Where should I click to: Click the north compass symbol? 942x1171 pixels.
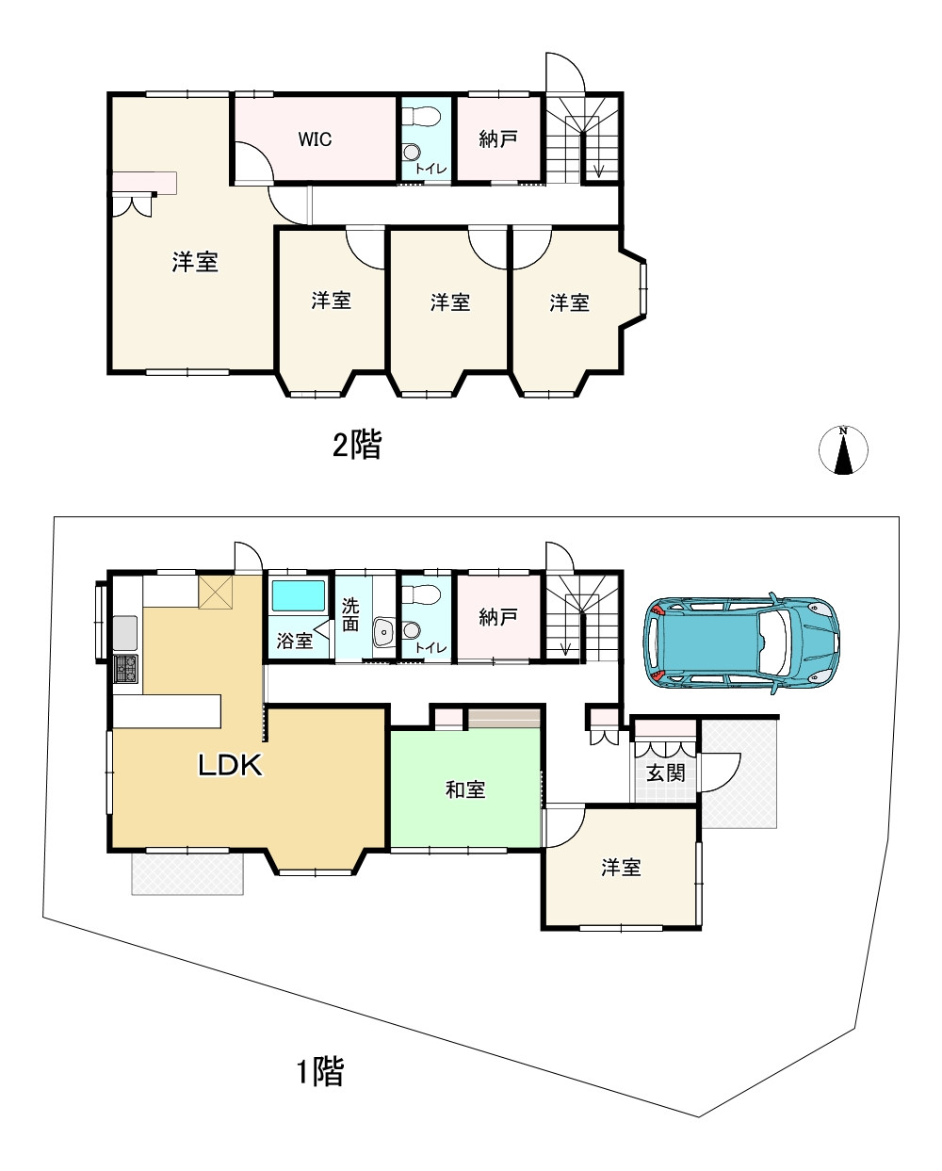click(843, 450)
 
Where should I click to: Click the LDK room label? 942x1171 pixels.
click(229, 765)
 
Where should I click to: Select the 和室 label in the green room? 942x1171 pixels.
click(465, 789)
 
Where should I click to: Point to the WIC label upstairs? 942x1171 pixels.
click(315, 139)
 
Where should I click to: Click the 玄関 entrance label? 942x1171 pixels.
click(665, 773)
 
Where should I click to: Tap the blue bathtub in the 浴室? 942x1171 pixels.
click(298, 597)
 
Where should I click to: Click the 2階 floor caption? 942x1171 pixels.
click(357, 445)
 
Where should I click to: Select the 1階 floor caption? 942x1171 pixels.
click(320, 1071)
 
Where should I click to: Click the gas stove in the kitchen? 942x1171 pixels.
click(124, 669)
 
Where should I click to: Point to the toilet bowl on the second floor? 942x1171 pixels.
click(421, 118)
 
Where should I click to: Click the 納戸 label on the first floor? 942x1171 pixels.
click(498, 617)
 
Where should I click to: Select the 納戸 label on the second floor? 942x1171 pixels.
click(498, 139)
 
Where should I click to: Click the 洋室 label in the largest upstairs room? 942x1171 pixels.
click(195, 263)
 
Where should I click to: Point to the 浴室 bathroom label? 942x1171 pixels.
click(295, 641)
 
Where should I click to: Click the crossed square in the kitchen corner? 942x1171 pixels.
click(215, 594)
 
